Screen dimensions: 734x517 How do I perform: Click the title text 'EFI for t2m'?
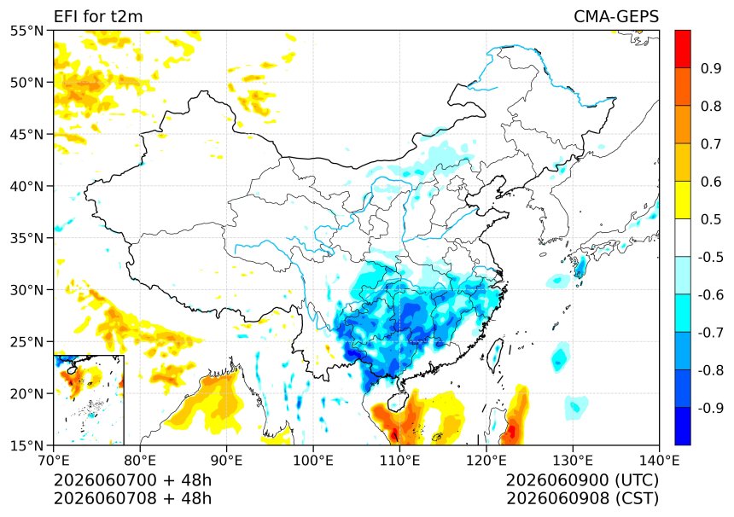98,16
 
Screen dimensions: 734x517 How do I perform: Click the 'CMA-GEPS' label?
616,16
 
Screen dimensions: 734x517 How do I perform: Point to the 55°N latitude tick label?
26,31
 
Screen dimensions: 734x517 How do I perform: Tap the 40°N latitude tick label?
26,186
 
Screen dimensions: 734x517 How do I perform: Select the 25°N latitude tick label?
26,341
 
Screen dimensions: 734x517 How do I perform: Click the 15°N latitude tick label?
26,445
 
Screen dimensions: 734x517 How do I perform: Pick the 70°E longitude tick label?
54,461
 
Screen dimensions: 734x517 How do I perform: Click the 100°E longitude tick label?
313,461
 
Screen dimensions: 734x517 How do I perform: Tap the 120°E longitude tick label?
486,461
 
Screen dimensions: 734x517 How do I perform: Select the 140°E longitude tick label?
659,461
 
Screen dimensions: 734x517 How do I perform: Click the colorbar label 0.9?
711,68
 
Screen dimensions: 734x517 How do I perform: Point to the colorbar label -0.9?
711,408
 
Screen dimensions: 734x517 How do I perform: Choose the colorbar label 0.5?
711,219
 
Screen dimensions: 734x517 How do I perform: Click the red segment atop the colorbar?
683,49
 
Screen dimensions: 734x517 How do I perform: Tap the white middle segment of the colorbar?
683,238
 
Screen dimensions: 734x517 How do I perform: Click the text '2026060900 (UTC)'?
582,480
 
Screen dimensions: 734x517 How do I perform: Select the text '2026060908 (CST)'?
582,498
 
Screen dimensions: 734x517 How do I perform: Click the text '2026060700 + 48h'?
132,480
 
